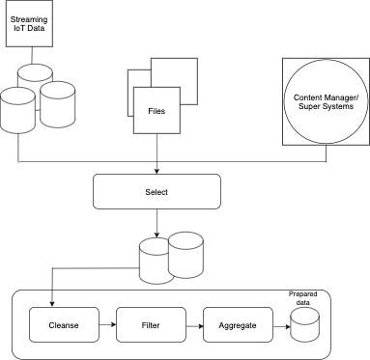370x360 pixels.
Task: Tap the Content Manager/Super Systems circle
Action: click(x=324, y=102)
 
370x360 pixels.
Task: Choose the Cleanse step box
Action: click(x=61, y=325)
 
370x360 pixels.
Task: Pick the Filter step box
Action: click(x=149, y=325)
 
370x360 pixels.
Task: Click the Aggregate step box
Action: click(x=237, y=325)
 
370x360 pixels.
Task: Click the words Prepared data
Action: click(x=303, y=298)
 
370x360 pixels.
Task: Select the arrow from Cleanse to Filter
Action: click(x=104, y=325)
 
